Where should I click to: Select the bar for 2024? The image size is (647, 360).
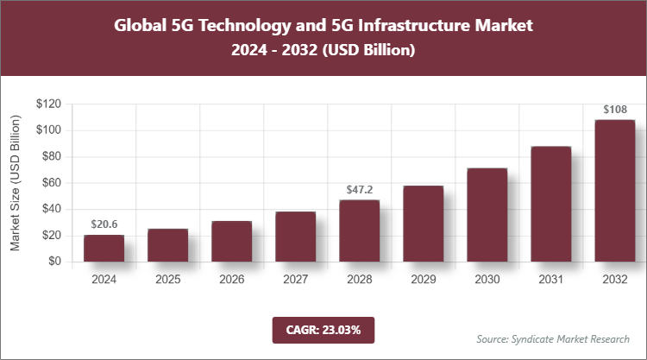pos(104,248)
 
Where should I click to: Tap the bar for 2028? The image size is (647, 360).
pos(359,231)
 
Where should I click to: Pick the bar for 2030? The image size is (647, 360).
pos(487,215)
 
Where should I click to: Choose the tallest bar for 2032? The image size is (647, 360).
pos(614,191)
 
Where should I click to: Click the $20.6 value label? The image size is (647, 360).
pos(104,224)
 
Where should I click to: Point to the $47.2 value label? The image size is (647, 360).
pos(359,189)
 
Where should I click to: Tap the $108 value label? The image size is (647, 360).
pos(614,110)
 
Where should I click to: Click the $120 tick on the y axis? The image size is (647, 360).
pos(48,104)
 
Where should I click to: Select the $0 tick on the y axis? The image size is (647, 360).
pos(54,262)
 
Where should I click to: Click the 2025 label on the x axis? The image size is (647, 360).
pos(167,280)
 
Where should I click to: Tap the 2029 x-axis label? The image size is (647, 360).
pos(423,280)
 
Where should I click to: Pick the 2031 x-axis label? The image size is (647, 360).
pos(550,280)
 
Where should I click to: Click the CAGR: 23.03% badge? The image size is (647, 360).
pos(323,330)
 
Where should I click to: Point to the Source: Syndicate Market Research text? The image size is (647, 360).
pos(552,338)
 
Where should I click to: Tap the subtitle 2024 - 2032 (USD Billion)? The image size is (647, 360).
pos(323,51)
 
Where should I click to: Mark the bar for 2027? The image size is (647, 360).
pos(295,237)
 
